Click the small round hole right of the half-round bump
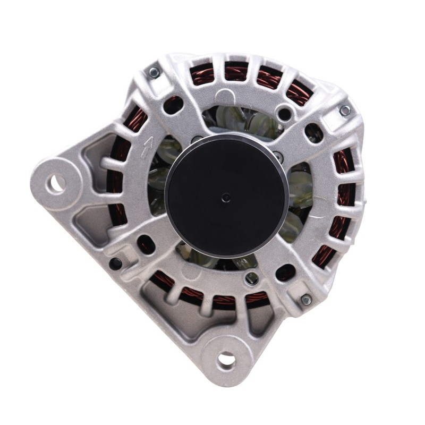[285, 114]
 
